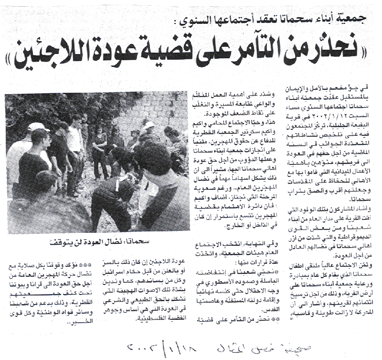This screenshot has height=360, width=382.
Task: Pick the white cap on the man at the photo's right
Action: [x=149, y=125]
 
